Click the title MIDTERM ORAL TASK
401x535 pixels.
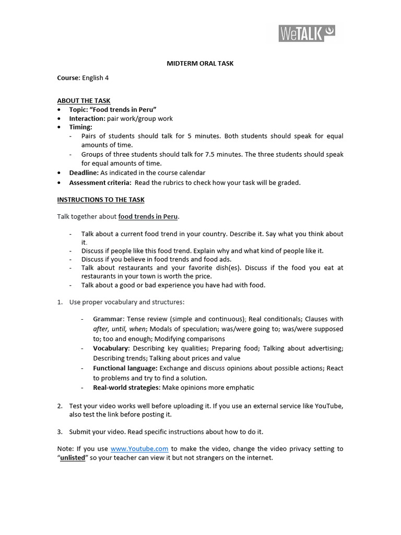[x=200, y=64]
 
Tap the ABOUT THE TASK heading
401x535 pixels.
[x=84, y=101]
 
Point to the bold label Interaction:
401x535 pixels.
[x=87, y=119]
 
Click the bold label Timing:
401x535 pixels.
[x=80, y=127]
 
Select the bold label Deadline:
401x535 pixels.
[x=84, y=173]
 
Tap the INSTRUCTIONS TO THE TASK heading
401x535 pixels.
[x=101, y=200]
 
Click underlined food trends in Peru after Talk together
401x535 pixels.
[x=148, y=217]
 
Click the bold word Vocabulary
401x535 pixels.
[x=111, y=348]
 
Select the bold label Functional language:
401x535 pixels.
[x=125, y=368]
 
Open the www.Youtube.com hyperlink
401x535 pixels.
[x=139, y=449]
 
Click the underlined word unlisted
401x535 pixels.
[x=73, y=458]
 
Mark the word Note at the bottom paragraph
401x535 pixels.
[x=65, y=449]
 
